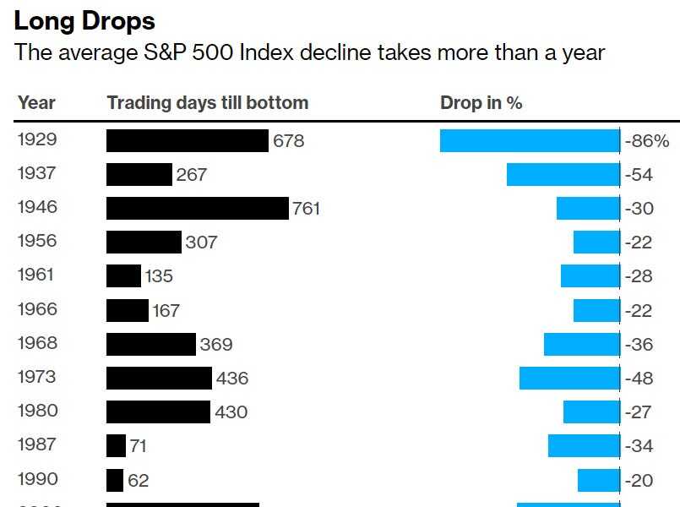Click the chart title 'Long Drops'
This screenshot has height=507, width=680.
pyautogui.click(x=84, y=20)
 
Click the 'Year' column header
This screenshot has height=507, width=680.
pyautogui.click(x=36, y=103)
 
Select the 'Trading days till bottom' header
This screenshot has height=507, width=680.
pyautogui.click(x=207, y=103)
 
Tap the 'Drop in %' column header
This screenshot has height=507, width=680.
pyautogui.click(x=481, y=103)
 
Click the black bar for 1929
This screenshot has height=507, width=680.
pyautogui.click(x=187, y=140)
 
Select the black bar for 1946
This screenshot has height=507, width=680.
pyautogui.click(x=197, y=208)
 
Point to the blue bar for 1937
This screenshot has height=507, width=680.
pyautogui.click(x=563, y=174)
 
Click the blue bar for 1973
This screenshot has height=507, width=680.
pyautogui.click(x=569, y=378)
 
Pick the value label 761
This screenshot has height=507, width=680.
pyautogui.click(x=306, y=209)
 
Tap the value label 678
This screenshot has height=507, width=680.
pyautogui.click(x=288, y=141)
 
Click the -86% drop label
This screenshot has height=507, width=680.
pyautogui.click(x=647, y=141)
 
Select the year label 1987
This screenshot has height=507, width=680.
pyautogui.click(x=36, y=444)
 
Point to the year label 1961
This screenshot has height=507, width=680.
pyautogui.click(x=36, y=275)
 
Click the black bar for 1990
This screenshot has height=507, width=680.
pyautogui.click(x=115, y=480)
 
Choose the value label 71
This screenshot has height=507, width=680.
pyautogui.click(x=138, y=446)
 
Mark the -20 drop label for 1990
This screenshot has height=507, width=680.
pyautogui.click(x=639, y=480)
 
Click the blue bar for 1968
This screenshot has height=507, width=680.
pyautogui.click(x=581, y=344)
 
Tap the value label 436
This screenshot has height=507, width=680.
pyautogui.click(x=232, y=379)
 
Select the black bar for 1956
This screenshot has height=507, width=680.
pyautogui.click(x=144, y=242)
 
